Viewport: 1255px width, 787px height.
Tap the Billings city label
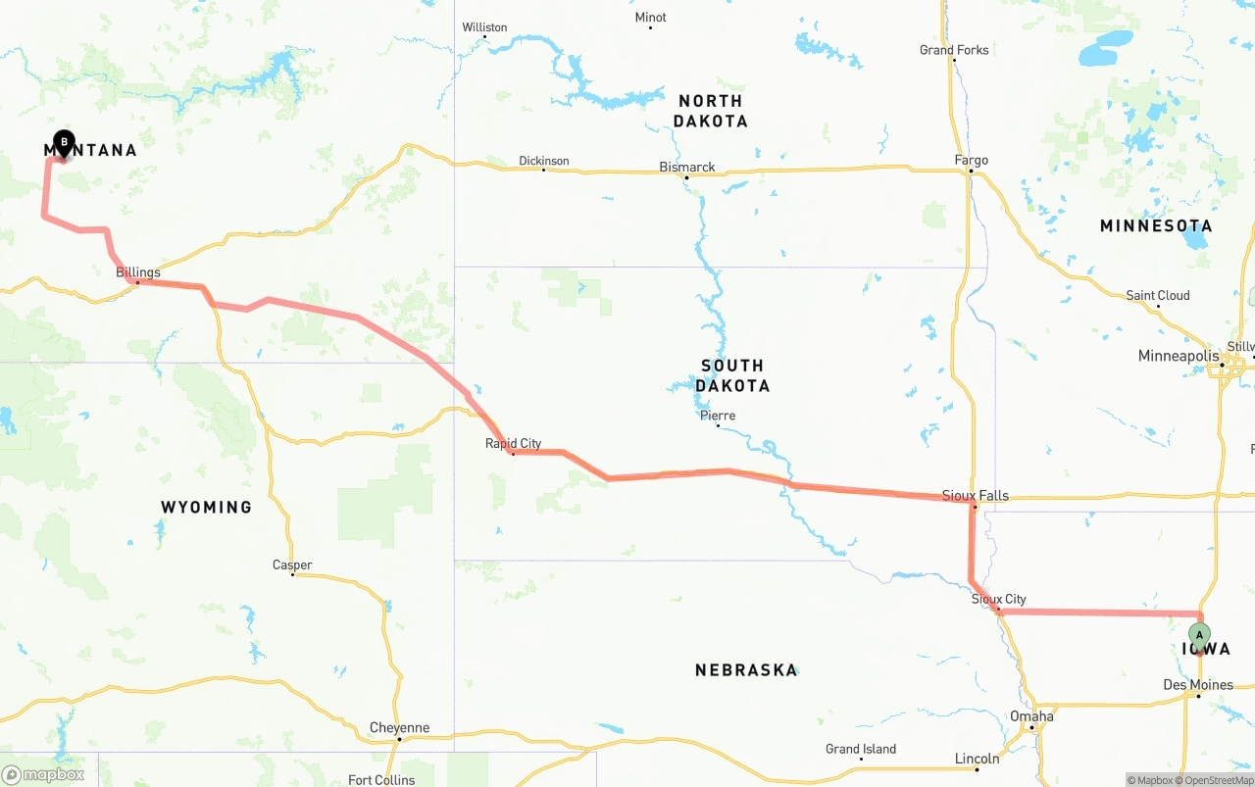pyautogui.click(x=138, y=272)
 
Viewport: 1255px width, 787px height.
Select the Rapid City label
pyautogui.click(x=513, y=444)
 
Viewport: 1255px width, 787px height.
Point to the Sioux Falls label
pyautogui.click(x=975, y=496)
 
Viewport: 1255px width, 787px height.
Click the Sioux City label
pyautogui.click(x=998, y=599)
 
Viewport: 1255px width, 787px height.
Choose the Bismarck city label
pyautogui.click(x=687, y=168)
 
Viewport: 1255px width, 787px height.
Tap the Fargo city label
pyautogui.click(x=971, y=161)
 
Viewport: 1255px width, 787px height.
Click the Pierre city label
pyautogui.click(x=718, y=416)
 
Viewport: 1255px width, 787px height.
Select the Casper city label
pyautogui.click(x=292, y=566)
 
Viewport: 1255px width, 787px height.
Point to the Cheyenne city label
pyautogui.click(x=399, y=728)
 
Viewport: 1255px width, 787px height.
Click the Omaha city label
pyautogui.click(x=1031, y=716)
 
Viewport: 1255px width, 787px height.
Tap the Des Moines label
pyautogui.click(x=1197, y=685)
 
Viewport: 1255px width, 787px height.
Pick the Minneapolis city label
pyautogui.click(x=1178, y=356)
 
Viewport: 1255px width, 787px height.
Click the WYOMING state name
pyautogui.click(x=207, y=507)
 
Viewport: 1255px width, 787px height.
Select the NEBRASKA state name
pyautogui.click(x=746, y=670)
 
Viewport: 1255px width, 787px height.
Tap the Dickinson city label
pyautogui.click(x=544, y=161)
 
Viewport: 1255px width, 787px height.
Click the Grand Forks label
pyautogui.click(x=954, y=50)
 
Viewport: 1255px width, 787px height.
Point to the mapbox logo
pyautogui.click(x=43, y=774)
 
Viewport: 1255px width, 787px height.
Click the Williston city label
pyautogui.click(x=484, y=27)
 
